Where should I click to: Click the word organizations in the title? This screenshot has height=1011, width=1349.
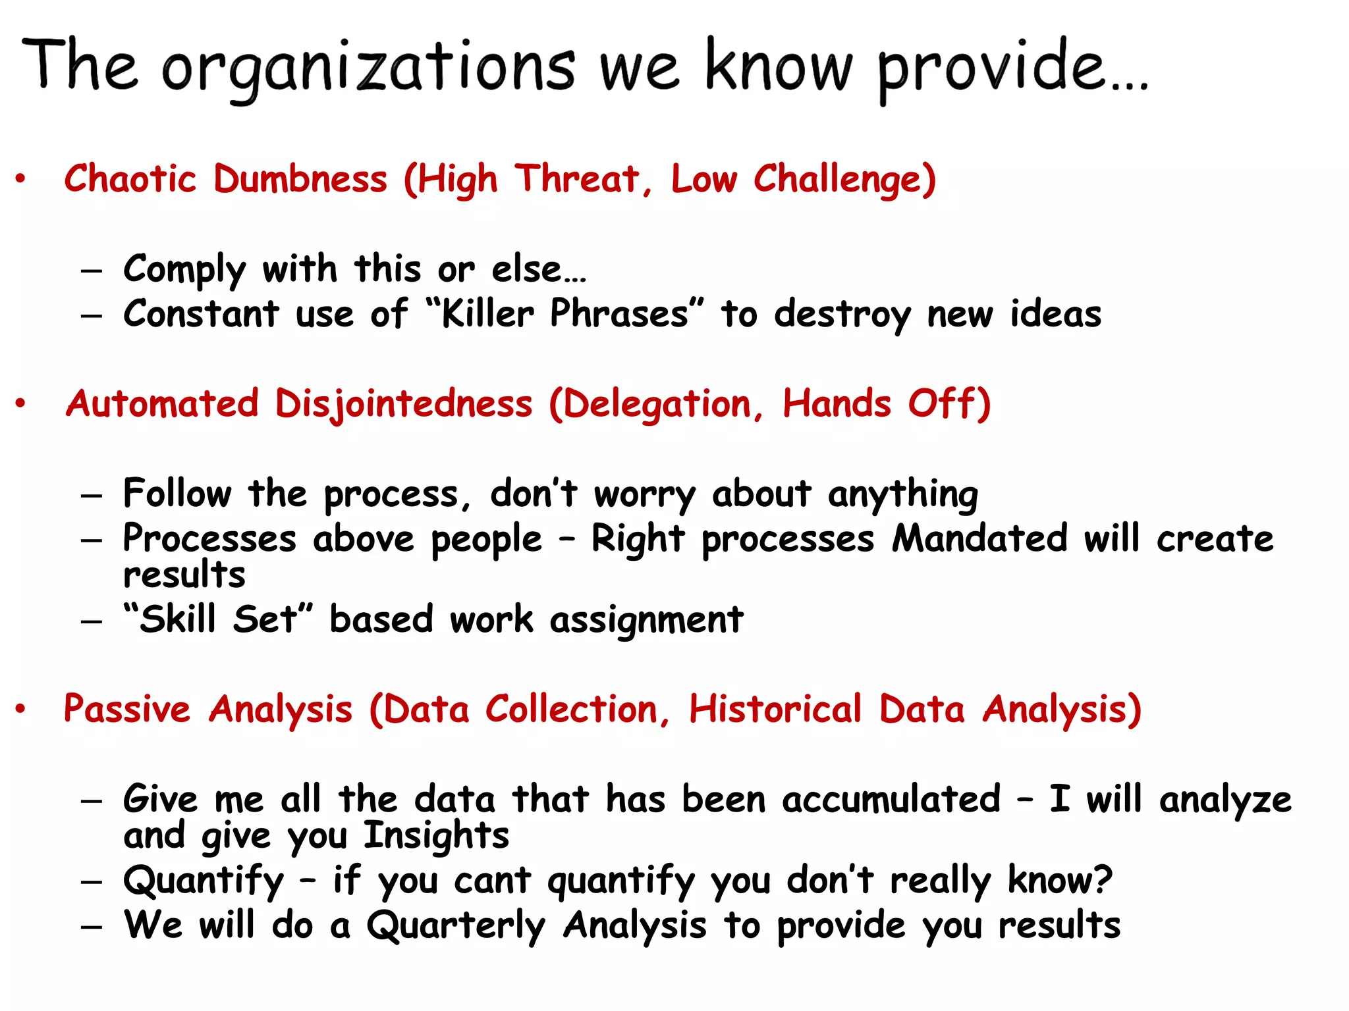368,69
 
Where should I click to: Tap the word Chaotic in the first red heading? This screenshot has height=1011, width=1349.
130,179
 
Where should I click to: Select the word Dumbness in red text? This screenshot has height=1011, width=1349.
300,179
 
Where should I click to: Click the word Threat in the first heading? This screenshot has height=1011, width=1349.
577,179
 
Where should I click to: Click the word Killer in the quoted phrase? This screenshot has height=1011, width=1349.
487,314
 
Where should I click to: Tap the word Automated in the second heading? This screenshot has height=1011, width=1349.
162,403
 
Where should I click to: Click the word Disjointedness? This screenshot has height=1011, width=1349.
403,404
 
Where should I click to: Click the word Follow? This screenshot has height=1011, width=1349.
177,494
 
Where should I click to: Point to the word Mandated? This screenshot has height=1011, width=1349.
979,538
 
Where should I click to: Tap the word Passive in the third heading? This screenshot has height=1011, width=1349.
126,710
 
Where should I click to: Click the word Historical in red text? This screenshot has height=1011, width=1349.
775,710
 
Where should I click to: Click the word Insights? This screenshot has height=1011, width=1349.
436,836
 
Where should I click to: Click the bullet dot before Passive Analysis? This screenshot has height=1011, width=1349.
21,709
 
